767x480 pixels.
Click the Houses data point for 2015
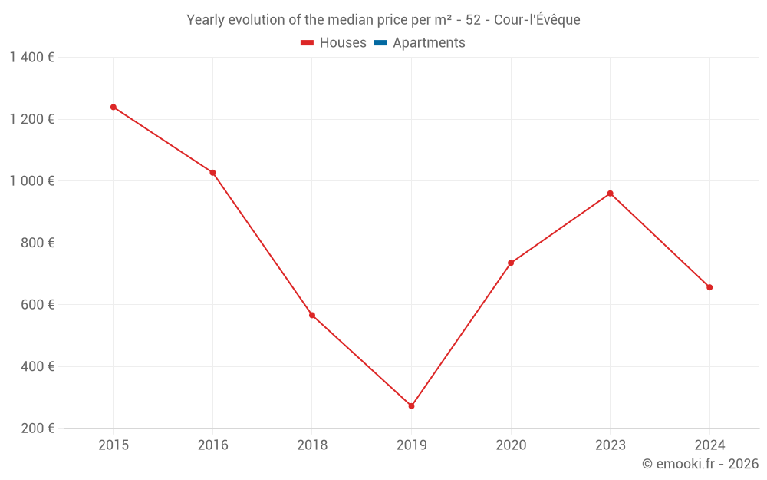[114, 107]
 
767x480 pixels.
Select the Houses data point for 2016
[212, 173]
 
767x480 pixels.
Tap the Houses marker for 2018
[312, 315]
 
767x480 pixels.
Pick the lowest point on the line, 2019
[411, 406]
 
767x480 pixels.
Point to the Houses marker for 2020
[511, 263]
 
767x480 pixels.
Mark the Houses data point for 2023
[610, 194]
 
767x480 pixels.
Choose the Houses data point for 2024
[709, 287]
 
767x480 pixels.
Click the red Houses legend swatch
[307, 43]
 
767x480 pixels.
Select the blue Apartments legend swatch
[380, 43]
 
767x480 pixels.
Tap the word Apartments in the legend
[429, 43]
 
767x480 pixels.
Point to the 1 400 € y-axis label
[32, 58]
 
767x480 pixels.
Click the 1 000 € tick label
[32, 181]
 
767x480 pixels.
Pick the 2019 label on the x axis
[411, 445]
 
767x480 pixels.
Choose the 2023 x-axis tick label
[610, 445]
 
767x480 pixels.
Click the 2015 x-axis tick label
[114, 445]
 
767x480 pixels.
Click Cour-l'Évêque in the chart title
[537, 20]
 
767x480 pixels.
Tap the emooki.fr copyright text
[700, 464]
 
